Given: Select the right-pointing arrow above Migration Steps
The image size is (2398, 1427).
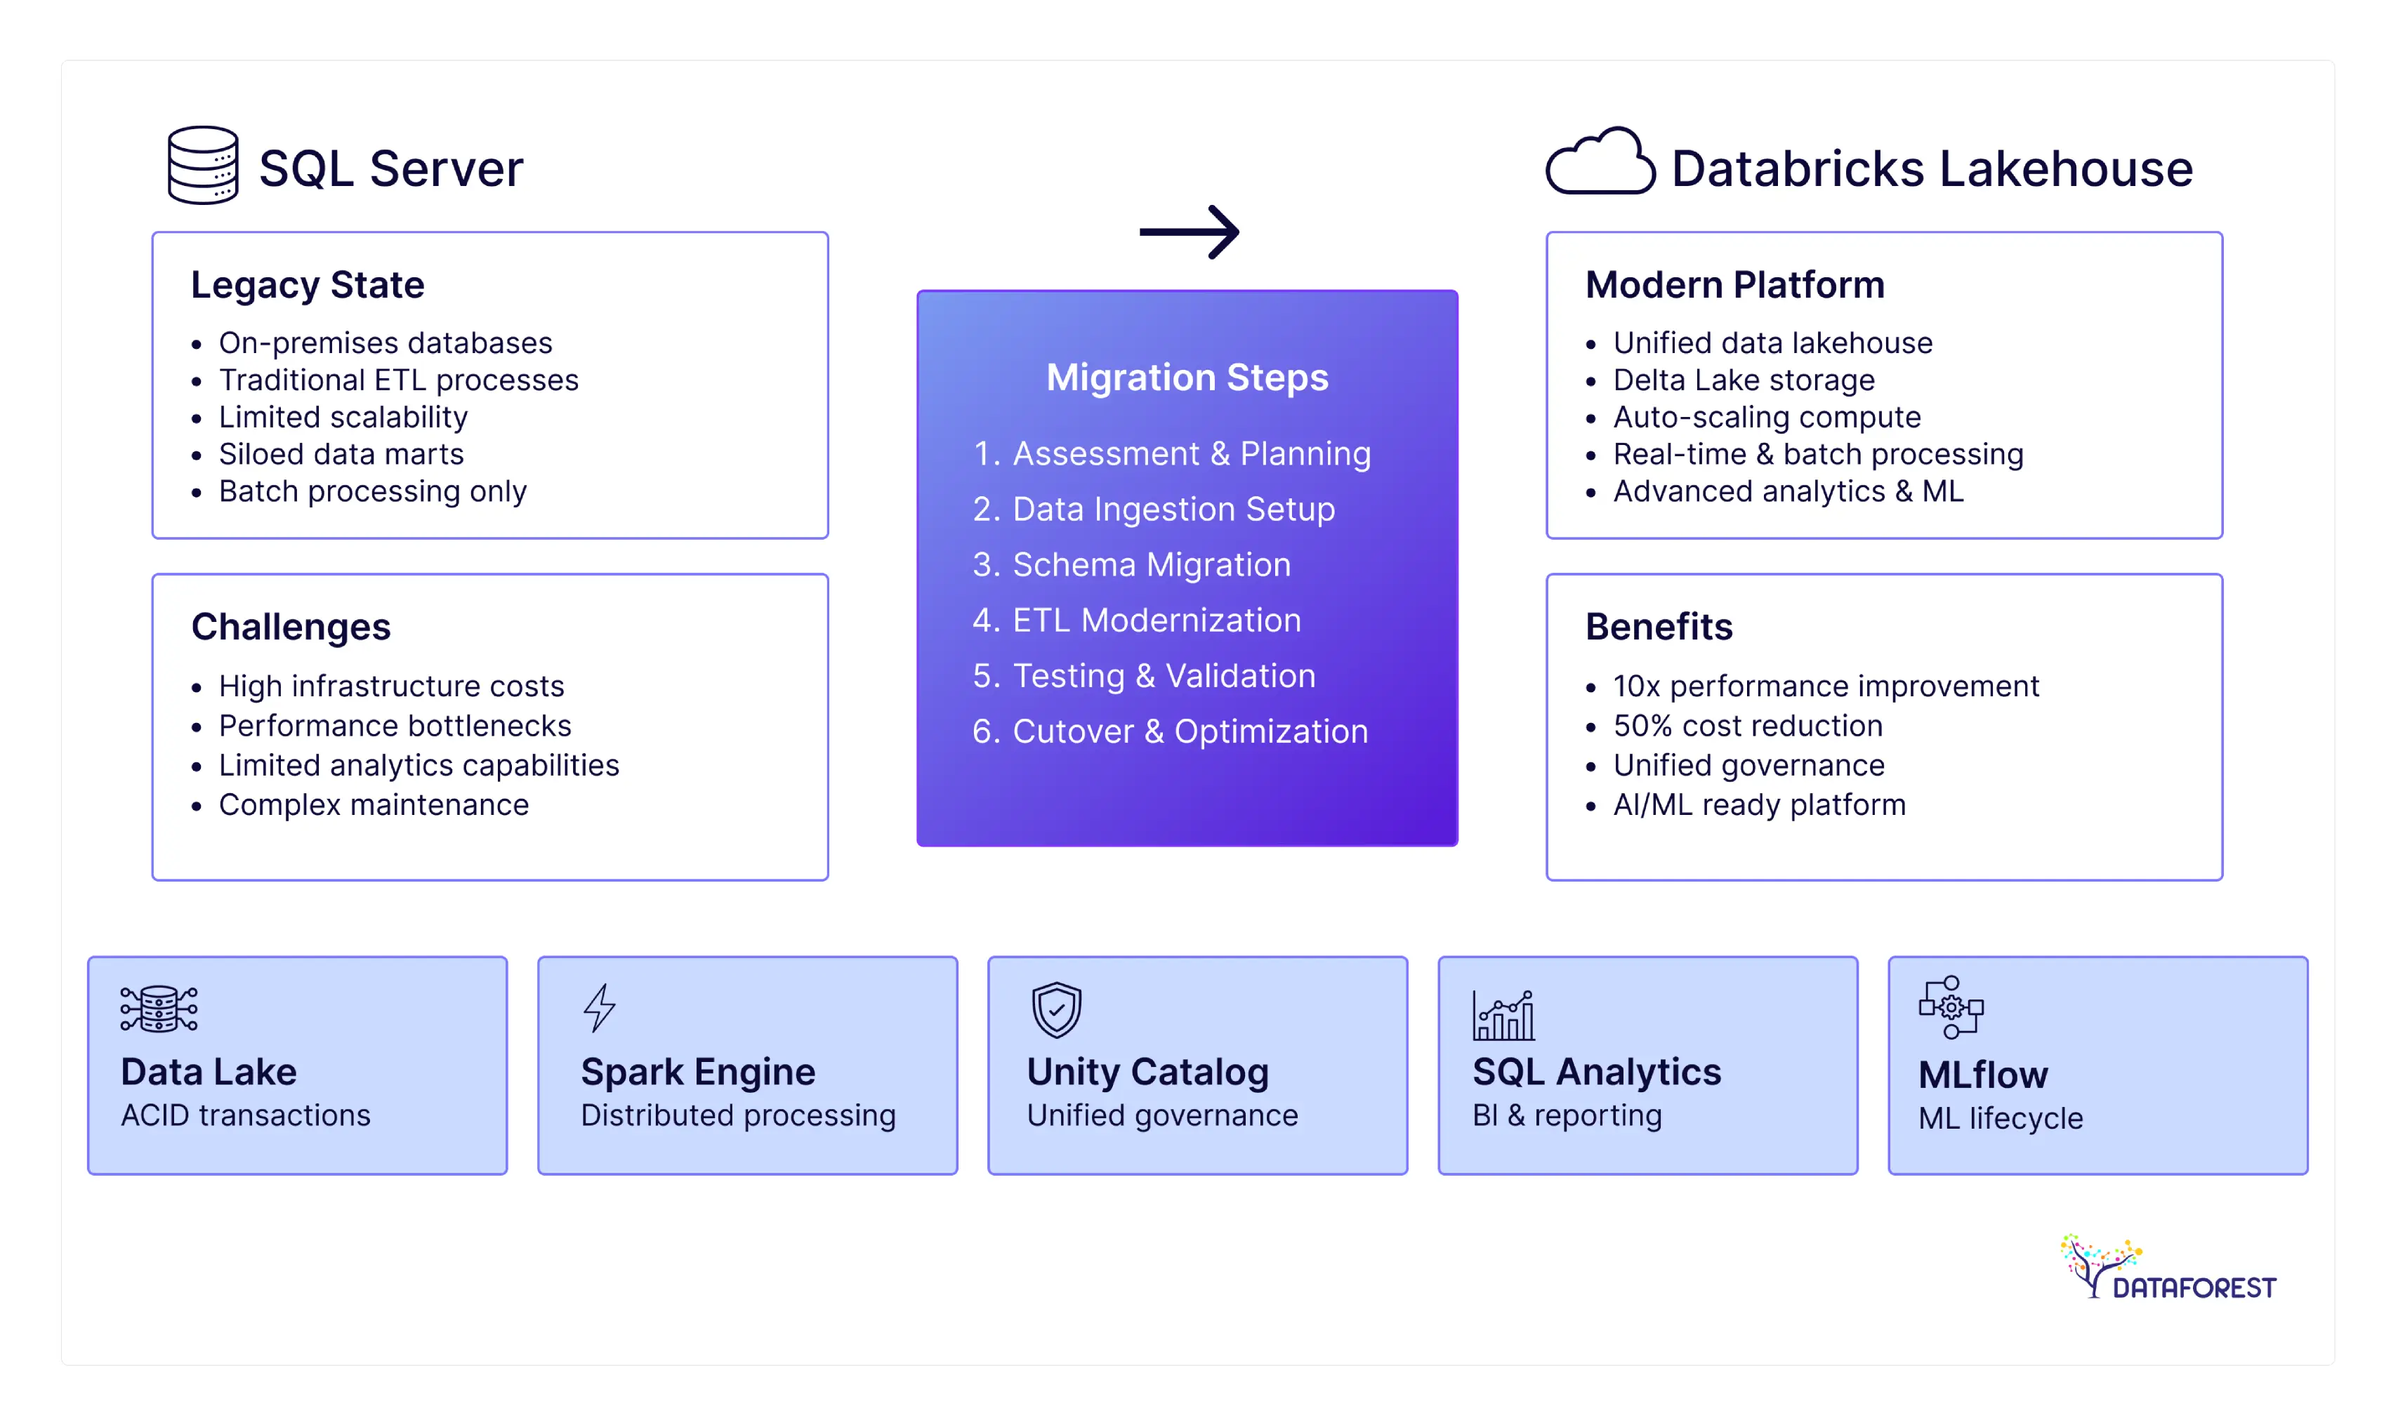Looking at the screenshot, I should pyautogui.click(x=1189, y=232).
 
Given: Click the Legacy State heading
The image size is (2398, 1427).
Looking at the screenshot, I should pyautogui.click(x=307, y=285).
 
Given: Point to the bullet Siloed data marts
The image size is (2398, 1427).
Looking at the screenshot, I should pyautogui.click(x=341, y=454).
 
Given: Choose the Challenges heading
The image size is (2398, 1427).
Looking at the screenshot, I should pyautogui.click(x=291, y=627).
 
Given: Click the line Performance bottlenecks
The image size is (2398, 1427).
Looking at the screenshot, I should pyautogui.click(x=395, y=725).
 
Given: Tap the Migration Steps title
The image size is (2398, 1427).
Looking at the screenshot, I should pyautogui.click(x=1187, y=377).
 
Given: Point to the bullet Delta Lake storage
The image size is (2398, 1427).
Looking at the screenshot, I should pyautogui.click(x=1743, y=380).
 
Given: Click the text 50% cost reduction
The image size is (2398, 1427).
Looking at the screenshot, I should pyautogui.click(x=1747, y=725).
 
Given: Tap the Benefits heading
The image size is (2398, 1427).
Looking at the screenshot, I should pyautogui.click(x=1659, y=627).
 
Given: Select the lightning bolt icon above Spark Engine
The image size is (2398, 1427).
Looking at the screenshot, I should pyautogui.click(x=599, y=1008).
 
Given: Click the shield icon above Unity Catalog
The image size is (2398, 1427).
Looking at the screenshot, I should pyautogui.click(x=1056, y=1009).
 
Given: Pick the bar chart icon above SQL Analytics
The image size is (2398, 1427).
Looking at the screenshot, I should pyautogui.click(x=1503, y=1016).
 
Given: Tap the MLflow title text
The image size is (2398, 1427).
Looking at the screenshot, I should pyautogui.click(x=1982, y=1074).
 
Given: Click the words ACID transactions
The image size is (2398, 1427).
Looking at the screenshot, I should pyautogui.click(x=245, y=1115).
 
